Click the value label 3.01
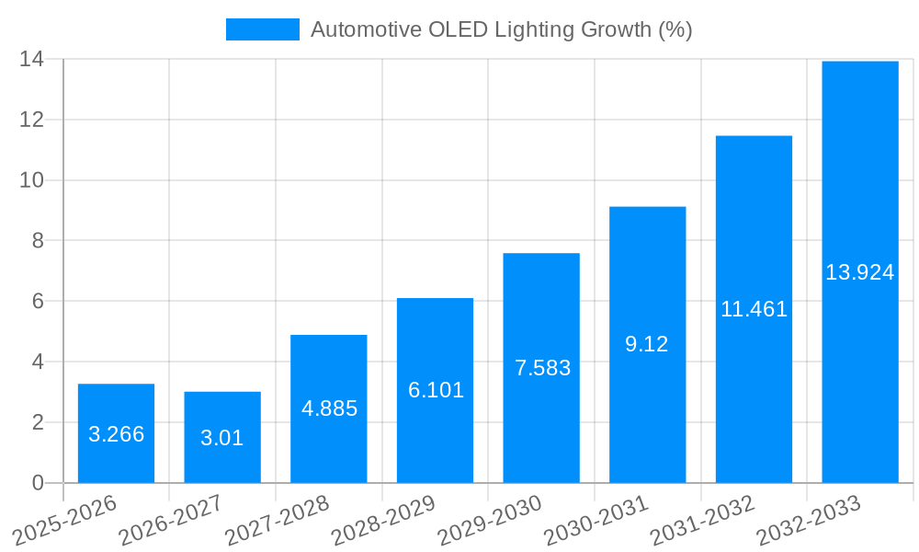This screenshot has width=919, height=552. (222, 438)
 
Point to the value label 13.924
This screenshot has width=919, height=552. (860, 272)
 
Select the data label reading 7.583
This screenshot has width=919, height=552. (542, 368)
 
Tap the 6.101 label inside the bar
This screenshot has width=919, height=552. (436, 390)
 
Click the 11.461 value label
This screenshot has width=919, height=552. (754, 309)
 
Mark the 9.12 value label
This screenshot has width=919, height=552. (647, 344)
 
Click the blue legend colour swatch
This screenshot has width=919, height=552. (263, 29)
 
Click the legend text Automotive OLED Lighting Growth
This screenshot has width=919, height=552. (501, 29)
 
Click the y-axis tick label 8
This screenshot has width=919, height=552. (37, 240)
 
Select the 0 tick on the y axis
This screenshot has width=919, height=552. (37, 483)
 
